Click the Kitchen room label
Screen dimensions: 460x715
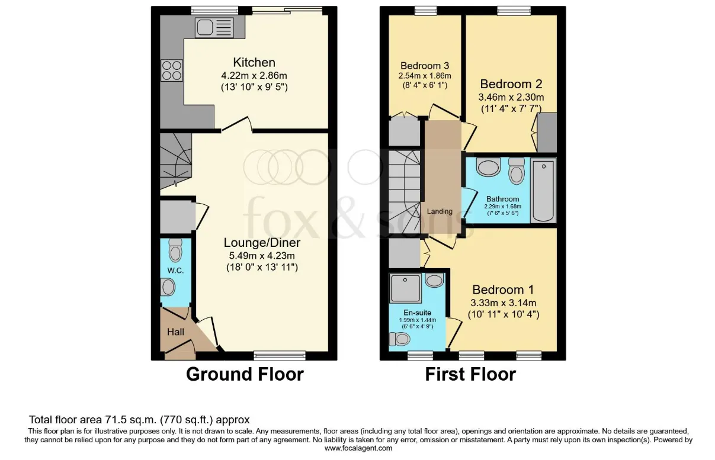point(254,63)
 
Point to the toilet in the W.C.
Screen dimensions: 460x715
point(175,251)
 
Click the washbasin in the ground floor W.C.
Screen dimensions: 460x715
point(168,288)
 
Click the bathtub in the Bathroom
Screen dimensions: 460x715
point(543,190)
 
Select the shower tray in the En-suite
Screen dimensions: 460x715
point(406,287)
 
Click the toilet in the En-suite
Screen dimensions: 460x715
point(400,339)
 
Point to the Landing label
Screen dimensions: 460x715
point(440,211)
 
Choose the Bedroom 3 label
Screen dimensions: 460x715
point(424,66)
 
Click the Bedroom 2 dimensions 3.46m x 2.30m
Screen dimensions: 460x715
point(511,98)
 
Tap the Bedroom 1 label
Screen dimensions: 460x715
point(503,290)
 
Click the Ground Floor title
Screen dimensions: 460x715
point(245,374)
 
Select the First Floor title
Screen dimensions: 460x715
point(470,374)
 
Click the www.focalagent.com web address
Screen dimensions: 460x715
point(358,448)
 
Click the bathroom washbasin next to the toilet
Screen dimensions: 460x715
point(489,168)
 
